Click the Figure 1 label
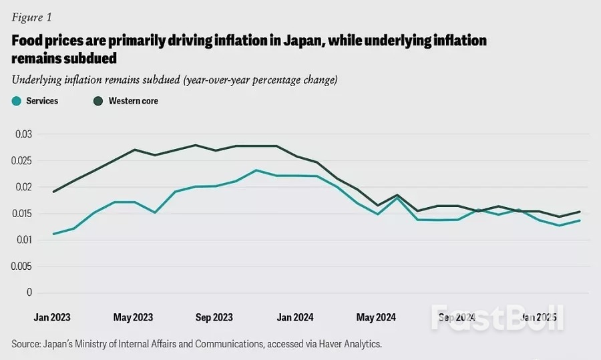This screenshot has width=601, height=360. pos(31,17)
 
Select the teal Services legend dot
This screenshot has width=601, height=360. pos(16,101)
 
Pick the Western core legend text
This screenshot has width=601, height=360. pos(133,101)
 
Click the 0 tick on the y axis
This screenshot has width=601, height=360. pos(29,293)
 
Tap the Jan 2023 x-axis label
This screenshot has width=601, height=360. pos(51,318)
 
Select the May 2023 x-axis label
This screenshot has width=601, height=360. pos(133,318)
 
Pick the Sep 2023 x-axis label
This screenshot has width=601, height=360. pos(214,318)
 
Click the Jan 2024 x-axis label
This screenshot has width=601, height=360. pos(294,318)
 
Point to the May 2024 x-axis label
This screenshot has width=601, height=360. pos(376,318)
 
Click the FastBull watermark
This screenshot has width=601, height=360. pos(497,318)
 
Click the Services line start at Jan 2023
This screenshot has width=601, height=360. pos(53,234)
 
